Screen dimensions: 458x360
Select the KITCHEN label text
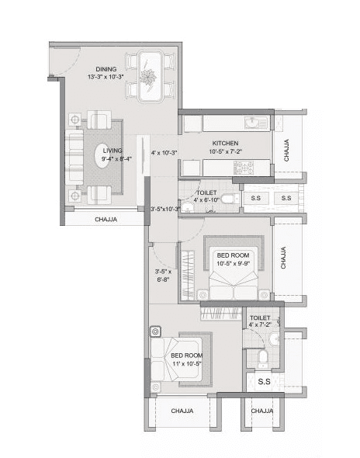[224, 144]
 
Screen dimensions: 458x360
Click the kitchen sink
[254, 122]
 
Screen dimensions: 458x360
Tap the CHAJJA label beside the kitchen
[286, 147]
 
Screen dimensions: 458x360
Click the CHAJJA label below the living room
[106, 220]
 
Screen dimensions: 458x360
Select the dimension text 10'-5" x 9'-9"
[232, 264]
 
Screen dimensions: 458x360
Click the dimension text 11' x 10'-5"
[186, 363]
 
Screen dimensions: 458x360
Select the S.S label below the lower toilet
[263, 382]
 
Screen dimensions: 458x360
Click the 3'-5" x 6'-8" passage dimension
[163, 275]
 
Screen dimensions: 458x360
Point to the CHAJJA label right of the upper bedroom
[284, 257]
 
